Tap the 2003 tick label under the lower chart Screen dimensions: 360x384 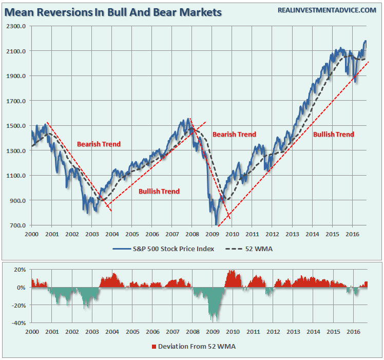(91, 332)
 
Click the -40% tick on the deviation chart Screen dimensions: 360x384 (19, 323)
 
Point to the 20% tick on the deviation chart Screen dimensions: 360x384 (21, 270)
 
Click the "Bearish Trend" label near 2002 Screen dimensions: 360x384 (99, 144)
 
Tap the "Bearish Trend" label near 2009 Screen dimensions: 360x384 (234, 135)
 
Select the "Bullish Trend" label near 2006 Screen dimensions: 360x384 (159, 192)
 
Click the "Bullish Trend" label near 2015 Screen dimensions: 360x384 (334, 135)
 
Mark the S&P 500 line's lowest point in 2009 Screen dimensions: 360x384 (216, 224)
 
